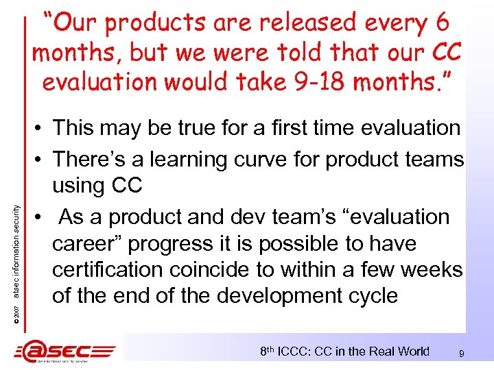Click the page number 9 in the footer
(462, 354)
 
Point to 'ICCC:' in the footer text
(300, 351)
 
